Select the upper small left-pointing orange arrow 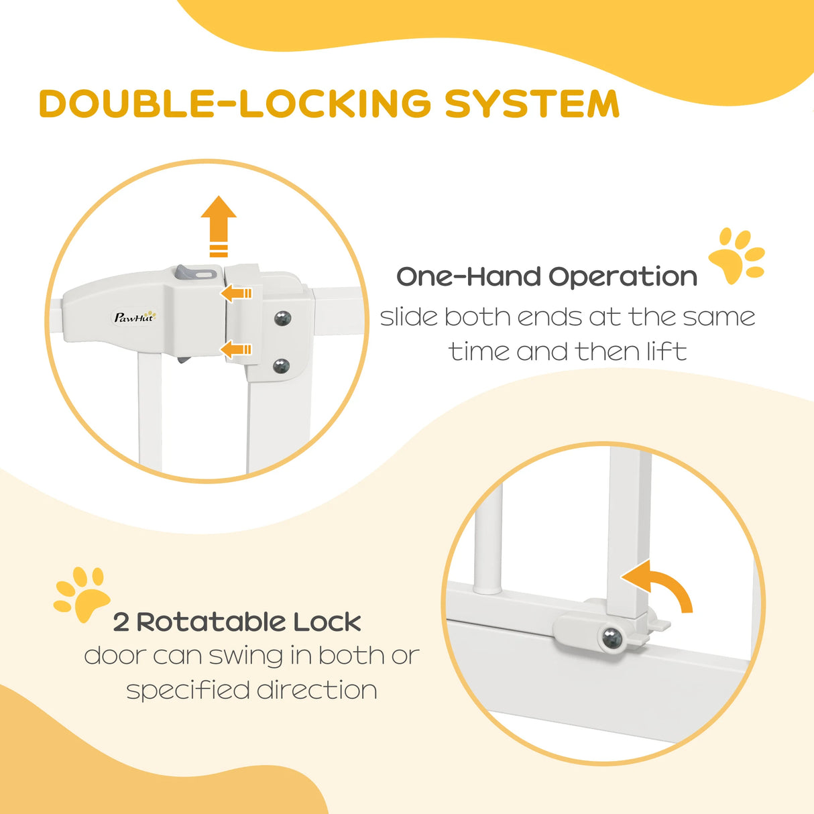(235, 293)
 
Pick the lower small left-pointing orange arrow (235, 349)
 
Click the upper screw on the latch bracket (282, 318)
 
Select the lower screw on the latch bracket (281, 366)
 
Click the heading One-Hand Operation (546, 276)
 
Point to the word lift (666, 351)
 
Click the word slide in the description (409, 316)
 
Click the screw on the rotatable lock (612, 639)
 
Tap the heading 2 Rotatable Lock (237, 622)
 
